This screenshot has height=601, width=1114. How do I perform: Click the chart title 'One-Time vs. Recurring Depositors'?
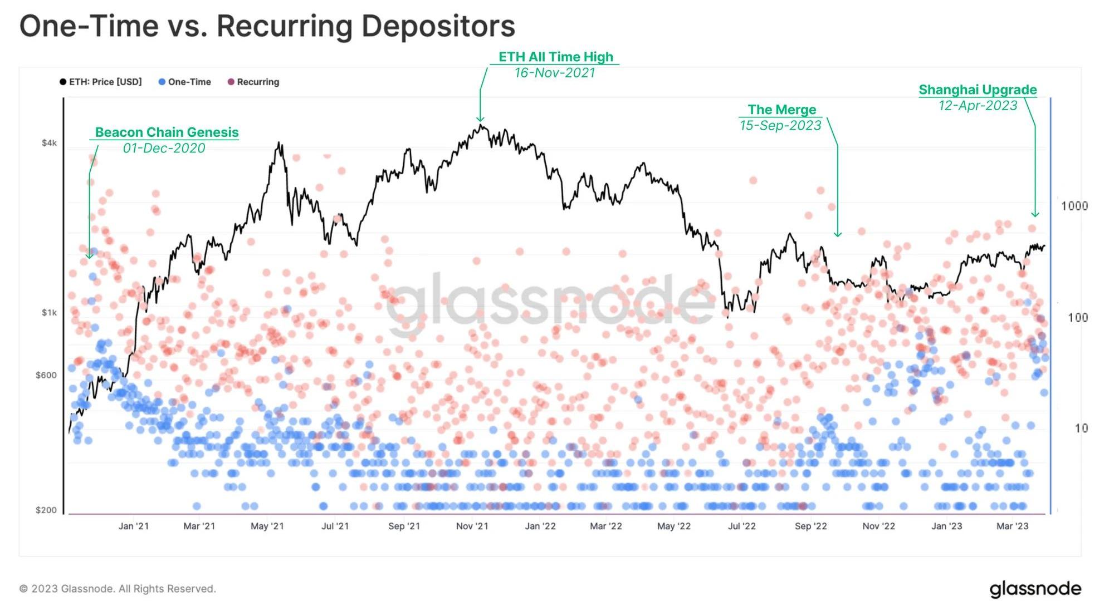pyautogui.click(x=267, y=26)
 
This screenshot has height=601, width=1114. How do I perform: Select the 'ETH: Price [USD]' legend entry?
pyautogui.click(x=101, y=82)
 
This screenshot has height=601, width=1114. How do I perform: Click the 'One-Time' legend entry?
pyautogui.click(x=185, y=82)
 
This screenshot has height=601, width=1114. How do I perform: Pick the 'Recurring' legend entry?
pyautogui.click(x=253, y=82)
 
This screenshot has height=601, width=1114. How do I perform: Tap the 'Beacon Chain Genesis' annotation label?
pyautogui.click(x=167, y=132)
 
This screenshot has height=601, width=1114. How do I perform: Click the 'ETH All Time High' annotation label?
pyautogui.click(x=555, y=57)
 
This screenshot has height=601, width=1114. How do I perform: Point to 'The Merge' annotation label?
pyautogui.click(x=781, y=110)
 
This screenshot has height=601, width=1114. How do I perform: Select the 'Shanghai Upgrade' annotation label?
pyautogui.click(x=978, y=90)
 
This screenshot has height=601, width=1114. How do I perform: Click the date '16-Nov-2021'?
pyautogui.click(x=555, y=73)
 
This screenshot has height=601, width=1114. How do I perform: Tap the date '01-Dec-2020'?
pyautogui.click(x=164, y=148)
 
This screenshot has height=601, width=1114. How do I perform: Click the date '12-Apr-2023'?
pyautogui.click(x=978, y=106)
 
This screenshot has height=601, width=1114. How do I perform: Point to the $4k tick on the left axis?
pyautogui.click(x=49, y=143)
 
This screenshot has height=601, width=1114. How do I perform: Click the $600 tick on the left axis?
pyautogui.click(x=46, y=375)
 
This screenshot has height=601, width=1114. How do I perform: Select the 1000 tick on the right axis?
pyautogui.click(x=1074, y=206)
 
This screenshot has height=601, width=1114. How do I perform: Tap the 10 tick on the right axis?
pyautogui.click(x=1081, y=428)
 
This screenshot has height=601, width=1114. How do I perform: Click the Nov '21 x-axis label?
pyautogui.click(x=472, y=526)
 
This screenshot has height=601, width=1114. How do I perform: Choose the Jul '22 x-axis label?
pyautogui.click(x=741, y=526)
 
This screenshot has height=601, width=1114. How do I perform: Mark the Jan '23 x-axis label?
pyautogui.click(x=946, y=526)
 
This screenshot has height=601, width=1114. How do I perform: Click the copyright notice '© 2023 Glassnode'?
pyautogui.click(x=118, y=589)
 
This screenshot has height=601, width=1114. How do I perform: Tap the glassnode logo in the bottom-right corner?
pyautogui.click(x=1035, y=589)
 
